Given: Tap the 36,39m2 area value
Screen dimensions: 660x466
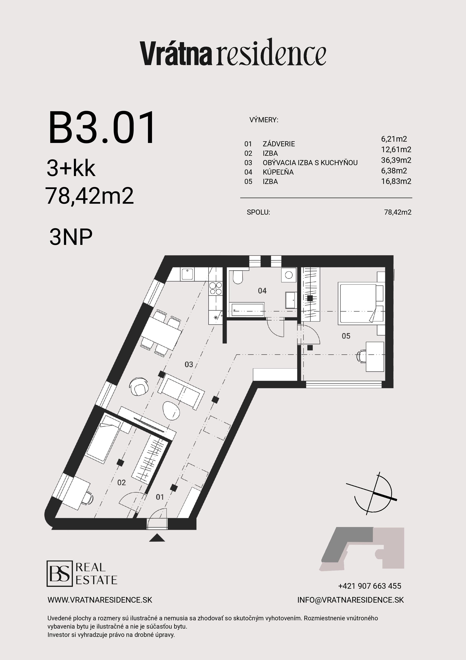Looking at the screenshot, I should [396, 160].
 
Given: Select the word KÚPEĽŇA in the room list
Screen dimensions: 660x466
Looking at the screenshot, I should [278, 172].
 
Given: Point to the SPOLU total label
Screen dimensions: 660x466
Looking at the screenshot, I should [258, 212].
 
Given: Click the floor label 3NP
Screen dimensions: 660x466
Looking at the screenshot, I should [71, 237].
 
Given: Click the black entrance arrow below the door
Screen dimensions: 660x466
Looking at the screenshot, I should [157, 538].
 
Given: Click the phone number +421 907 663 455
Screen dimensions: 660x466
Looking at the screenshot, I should [369, 586].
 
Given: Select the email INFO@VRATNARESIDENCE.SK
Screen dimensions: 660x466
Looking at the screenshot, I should [350, 600].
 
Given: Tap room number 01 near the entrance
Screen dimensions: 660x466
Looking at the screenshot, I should [160, 497].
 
